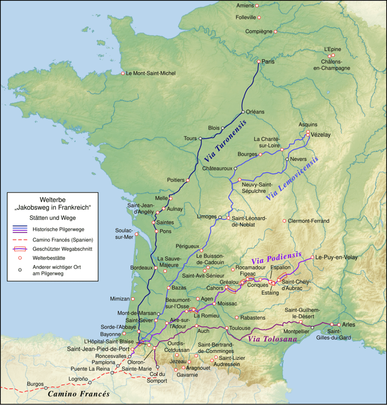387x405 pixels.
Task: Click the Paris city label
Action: click(269, 62)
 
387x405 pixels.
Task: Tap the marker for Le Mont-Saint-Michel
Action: click(123, 73)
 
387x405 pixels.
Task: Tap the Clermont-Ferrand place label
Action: click(309, 220)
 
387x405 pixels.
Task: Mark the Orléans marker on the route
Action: click(243, 112)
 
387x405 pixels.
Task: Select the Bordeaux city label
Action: click(141, 268)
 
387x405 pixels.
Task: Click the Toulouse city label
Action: click(240, 328)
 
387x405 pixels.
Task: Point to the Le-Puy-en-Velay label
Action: click(336, 257)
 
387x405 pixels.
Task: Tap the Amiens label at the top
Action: click(245, 5)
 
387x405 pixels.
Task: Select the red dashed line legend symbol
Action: click(21, 239)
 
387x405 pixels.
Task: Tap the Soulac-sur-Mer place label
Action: click(124, 234)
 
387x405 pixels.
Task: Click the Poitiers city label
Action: click(175, 180)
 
